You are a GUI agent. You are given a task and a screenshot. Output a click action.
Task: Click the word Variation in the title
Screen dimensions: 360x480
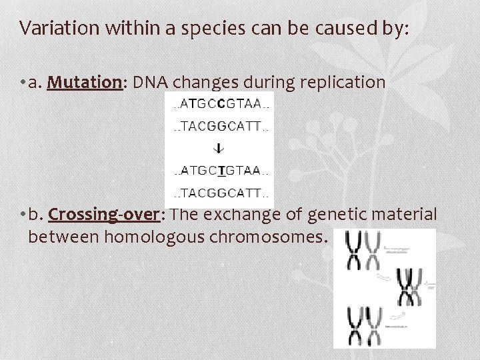point(51,28)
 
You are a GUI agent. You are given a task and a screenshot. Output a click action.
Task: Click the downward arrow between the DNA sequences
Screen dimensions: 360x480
point(220,148)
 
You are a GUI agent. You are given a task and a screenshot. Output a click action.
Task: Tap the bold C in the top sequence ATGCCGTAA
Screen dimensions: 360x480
point(222,104)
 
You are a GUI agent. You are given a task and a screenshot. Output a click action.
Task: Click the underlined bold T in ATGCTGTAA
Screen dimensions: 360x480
point(221,171)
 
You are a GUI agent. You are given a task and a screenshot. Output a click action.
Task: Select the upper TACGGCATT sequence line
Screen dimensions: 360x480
point(220,126)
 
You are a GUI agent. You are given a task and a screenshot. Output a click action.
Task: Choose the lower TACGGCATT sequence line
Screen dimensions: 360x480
point(220,193)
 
